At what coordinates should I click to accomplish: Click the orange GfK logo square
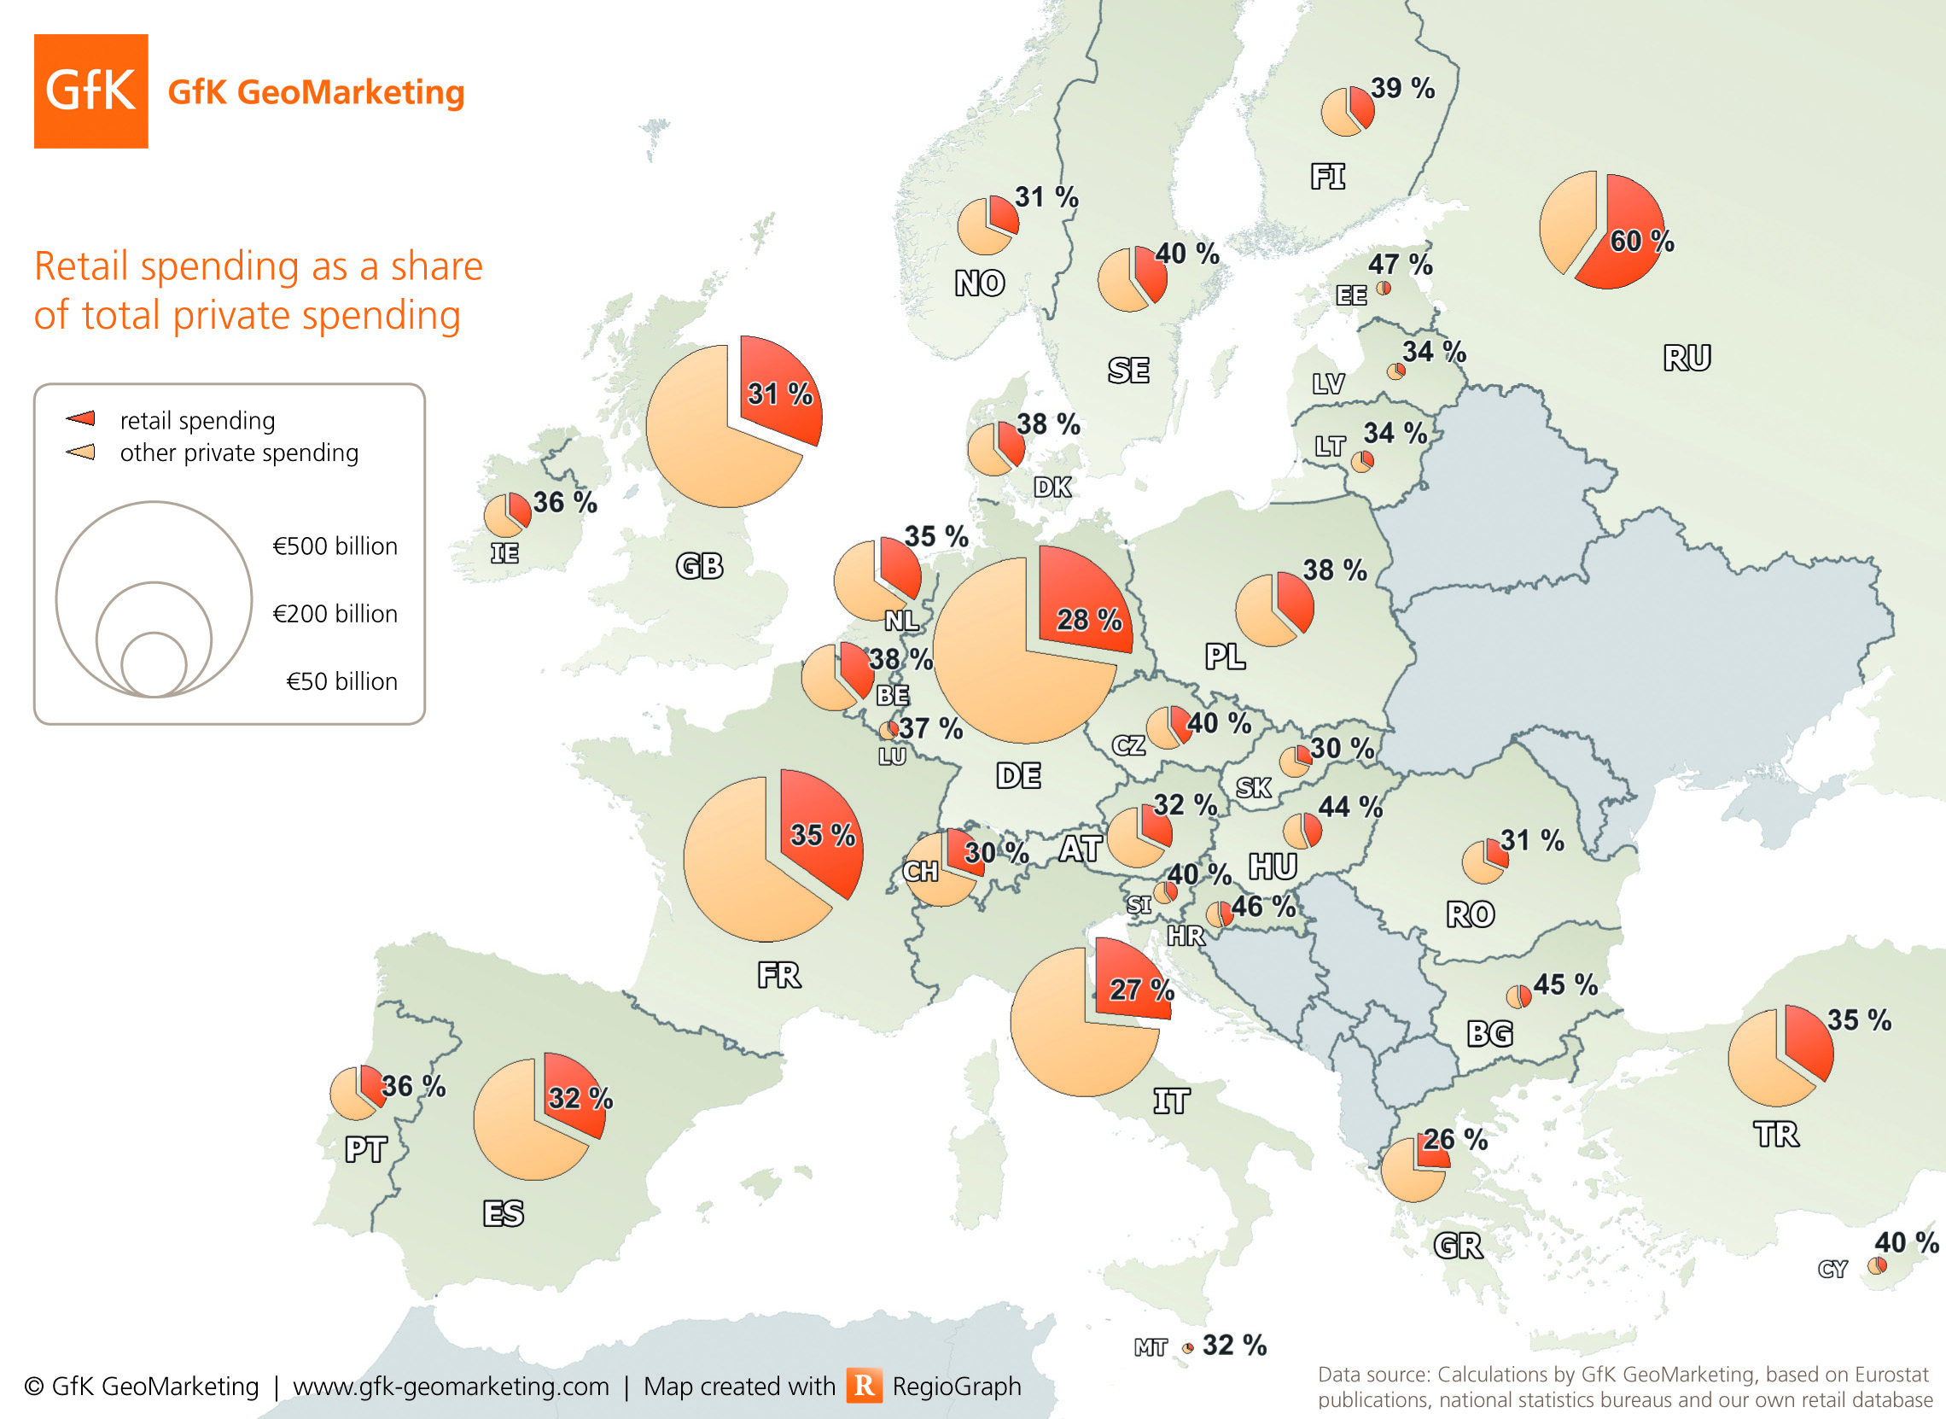click(90, 91)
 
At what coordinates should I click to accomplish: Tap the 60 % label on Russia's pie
click(1641, 242)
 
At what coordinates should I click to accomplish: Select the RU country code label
click(1687, 358)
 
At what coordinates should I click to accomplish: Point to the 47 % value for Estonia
click(1400, 265)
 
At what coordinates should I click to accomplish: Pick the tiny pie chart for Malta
click(1188, 1347)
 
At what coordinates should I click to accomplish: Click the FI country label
click(1327, 177)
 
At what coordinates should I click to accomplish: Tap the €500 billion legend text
click(335, 546)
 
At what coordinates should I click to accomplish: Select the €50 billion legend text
click(341, 681)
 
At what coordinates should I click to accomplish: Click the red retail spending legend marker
click(81, 418)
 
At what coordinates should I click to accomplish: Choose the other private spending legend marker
click(81, 452)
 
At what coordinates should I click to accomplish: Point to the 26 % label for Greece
click(1454, 1140)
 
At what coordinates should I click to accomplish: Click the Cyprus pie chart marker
click(1878, 1265)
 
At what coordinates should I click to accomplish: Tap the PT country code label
click(366, 1149)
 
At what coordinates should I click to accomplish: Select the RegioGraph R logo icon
click(864, 1386)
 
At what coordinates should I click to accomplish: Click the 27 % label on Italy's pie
click(1140, 990)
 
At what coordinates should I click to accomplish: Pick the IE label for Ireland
click(504, 552)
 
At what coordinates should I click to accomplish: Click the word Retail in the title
click(82, 266)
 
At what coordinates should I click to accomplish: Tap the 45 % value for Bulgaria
click(1564, 984)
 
